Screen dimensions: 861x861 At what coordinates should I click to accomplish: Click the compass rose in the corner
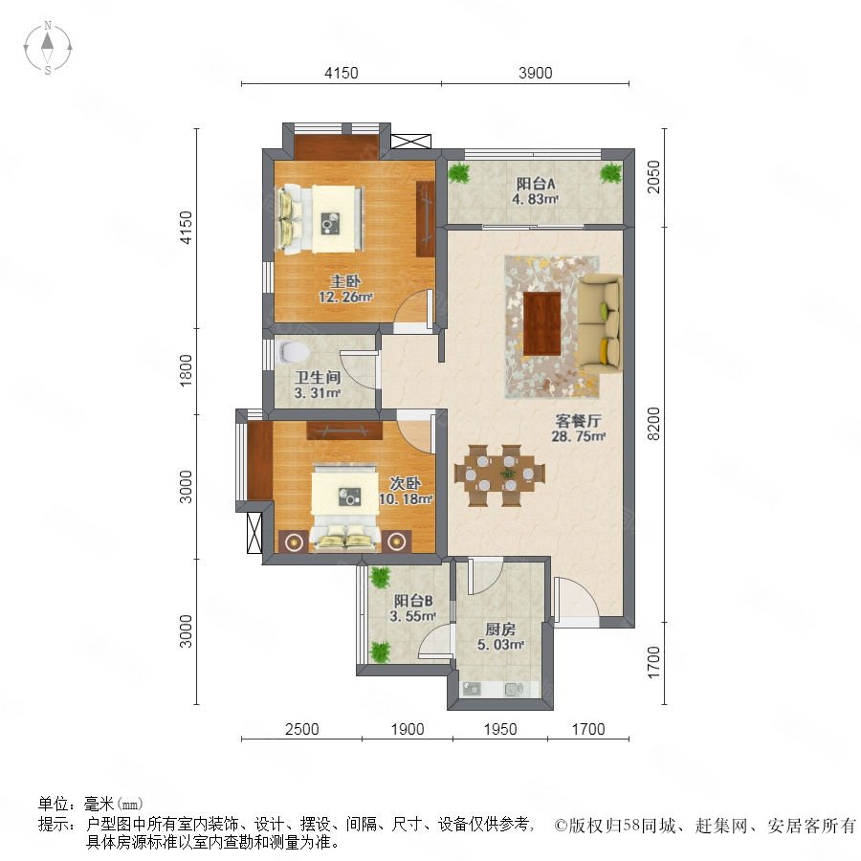[x=48, y=47]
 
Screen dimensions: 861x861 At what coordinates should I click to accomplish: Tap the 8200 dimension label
[x=654, y=424]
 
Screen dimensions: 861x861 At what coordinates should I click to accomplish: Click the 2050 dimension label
[x=654, y=177]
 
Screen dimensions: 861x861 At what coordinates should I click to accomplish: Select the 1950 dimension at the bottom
[x=500, y=729]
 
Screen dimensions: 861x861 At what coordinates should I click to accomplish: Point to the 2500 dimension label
[x=302, y=729]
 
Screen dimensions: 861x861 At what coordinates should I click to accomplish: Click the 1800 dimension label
[x=187, y=370]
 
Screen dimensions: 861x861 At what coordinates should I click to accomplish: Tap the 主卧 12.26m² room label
[x=345, y=289]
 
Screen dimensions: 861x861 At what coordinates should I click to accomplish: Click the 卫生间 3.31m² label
[x=318, y=385]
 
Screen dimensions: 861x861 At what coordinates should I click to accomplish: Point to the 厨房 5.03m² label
[x=500, y=636]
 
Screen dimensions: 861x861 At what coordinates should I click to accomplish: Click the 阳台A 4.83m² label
[x=535, y=191]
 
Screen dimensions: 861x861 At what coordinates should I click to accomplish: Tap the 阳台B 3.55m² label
[x=413, y=607]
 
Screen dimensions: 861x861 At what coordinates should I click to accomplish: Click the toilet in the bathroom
[x=291, y=352]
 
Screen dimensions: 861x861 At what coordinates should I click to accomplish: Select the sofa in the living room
[x=600, y=322]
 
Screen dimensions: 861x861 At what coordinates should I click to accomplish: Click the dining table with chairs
[x=499, y=475]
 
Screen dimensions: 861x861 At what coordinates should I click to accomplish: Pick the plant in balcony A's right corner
[x=610, y=173]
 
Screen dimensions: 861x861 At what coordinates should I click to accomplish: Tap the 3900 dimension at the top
[x=536, y=73]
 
